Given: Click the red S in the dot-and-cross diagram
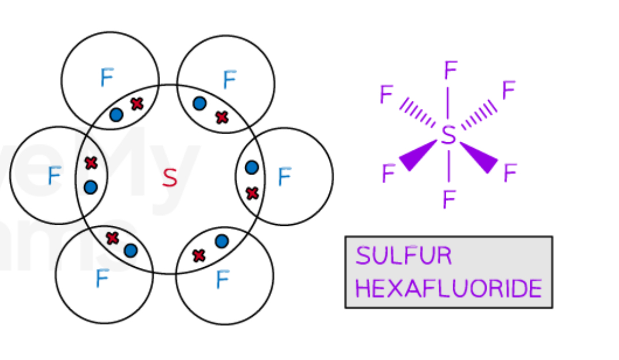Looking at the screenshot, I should click(169, 178).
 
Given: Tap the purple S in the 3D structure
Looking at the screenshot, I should click(449, 136).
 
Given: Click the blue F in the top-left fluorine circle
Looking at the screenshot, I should click(107, 78).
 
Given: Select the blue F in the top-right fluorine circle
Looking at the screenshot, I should click(229, 80).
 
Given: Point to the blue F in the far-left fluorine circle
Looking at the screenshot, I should click(54, 176).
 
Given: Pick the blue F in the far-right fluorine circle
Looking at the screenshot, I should click(284, 177).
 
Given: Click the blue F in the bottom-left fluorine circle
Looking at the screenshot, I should click(102, 279).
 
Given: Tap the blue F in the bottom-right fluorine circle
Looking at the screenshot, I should click(222, 281).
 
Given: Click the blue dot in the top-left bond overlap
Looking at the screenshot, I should click(116, 115).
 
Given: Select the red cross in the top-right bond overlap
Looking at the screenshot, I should click(222, 118).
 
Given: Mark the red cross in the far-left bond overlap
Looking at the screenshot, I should click(91, 163).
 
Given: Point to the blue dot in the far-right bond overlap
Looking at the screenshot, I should click(252, 168).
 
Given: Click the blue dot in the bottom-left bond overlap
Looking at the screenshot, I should click(131, 251).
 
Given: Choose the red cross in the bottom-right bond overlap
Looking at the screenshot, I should click(199, 255).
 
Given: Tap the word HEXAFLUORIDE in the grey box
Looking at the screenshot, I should click(449, 289).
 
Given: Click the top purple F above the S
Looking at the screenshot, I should click(450, 71).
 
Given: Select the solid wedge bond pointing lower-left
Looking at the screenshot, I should click(418, 156).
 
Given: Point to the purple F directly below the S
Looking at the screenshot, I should click(449, 200).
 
